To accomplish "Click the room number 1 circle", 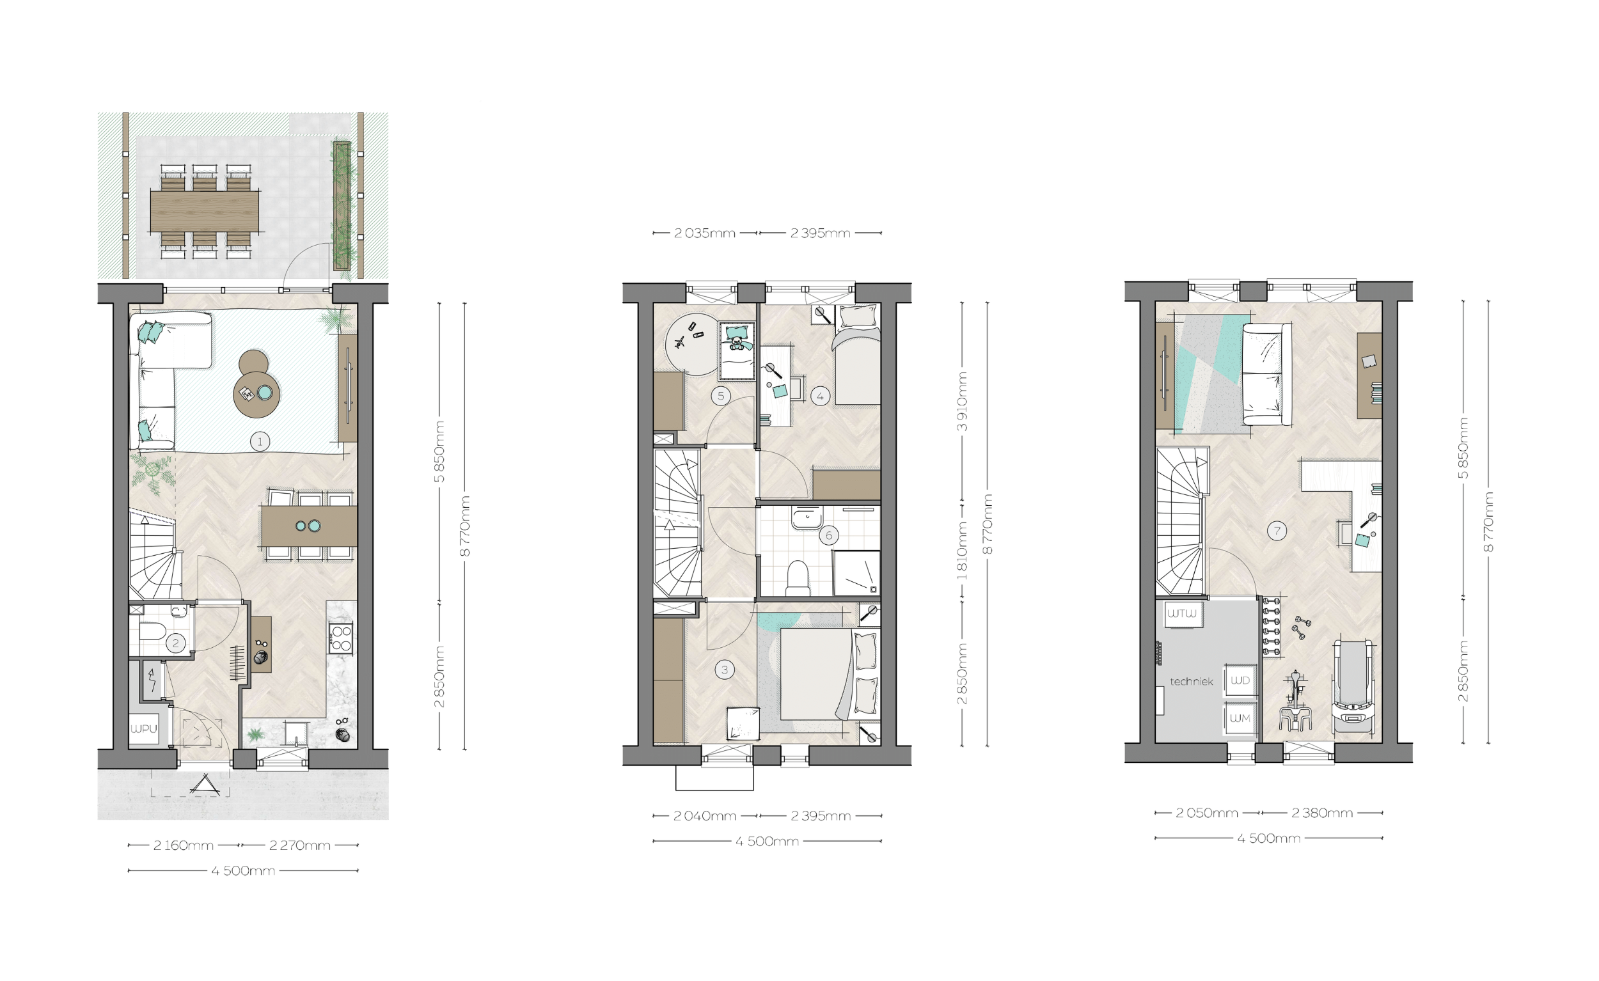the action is coord(260,442).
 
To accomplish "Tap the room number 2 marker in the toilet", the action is coord(175,643).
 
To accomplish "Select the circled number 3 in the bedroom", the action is coord(724,670).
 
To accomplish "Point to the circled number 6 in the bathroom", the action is coord(829,535).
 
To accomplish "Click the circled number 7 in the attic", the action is coord(1277,531).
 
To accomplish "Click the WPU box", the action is coord(143,728).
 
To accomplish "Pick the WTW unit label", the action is coord(1182,614).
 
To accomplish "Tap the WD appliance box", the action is coord(1240,680).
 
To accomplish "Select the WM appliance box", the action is coord(1240,718).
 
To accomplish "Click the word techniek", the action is coord(1192,682).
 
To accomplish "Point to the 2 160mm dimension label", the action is coord(183,845).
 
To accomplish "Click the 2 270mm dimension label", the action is coord(300,845).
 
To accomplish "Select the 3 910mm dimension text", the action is coord(963,402).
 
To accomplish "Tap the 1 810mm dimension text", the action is coord(963,551).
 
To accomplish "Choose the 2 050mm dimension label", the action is coord(1207,813).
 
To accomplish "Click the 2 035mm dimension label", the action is coord(705,233).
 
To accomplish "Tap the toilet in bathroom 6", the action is coord(798,579).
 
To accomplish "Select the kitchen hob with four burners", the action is coord(342,637).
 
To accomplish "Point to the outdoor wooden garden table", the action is coord(205,211).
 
